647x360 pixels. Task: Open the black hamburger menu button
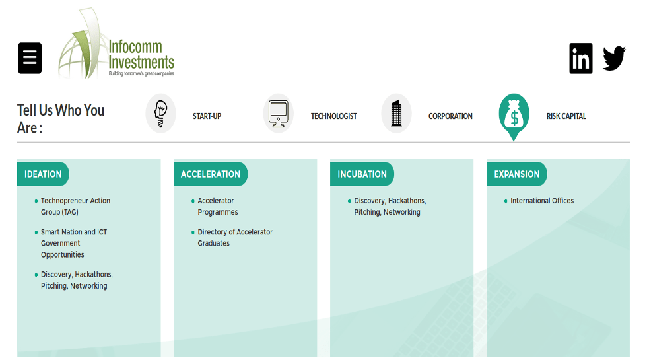(x=30, y=58)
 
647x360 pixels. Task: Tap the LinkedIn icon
(x=580, y=59)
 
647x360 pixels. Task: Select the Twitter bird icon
(x=614, y=59)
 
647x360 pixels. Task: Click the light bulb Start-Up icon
(x=160, y=114)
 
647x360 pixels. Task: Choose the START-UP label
(x=207, y=116)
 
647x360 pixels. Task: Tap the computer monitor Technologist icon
(x=278, y=114)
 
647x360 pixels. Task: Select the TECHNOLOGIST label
(x=333, y=116)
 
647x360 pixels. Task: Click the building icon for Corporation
(x=396, y=114)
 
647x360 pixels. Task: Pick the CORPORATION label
(x=450, y=116)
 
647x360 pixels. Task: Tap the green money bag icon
(x=514, y=115)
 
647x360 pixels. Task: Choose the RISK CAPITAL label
(x=566, y=116)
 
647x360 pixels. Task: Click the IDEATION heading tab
(x=43, y=174)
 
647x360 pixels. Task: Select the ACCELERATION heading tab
(x=211, y=174)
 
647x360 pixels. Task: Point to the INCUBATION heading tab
(x=362, y=174)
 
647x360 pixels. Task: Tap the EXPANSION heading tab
(x=517, y=174)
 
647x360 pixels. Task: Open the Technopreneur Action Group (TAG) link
(x=75, y=206)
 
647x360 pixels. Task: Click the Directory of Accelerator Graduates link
(x=234, y=237)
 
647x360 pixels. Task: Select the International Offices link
(x=542, y=201)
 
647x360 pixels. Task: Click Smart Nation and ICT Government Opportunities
(x=73, y=243)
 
